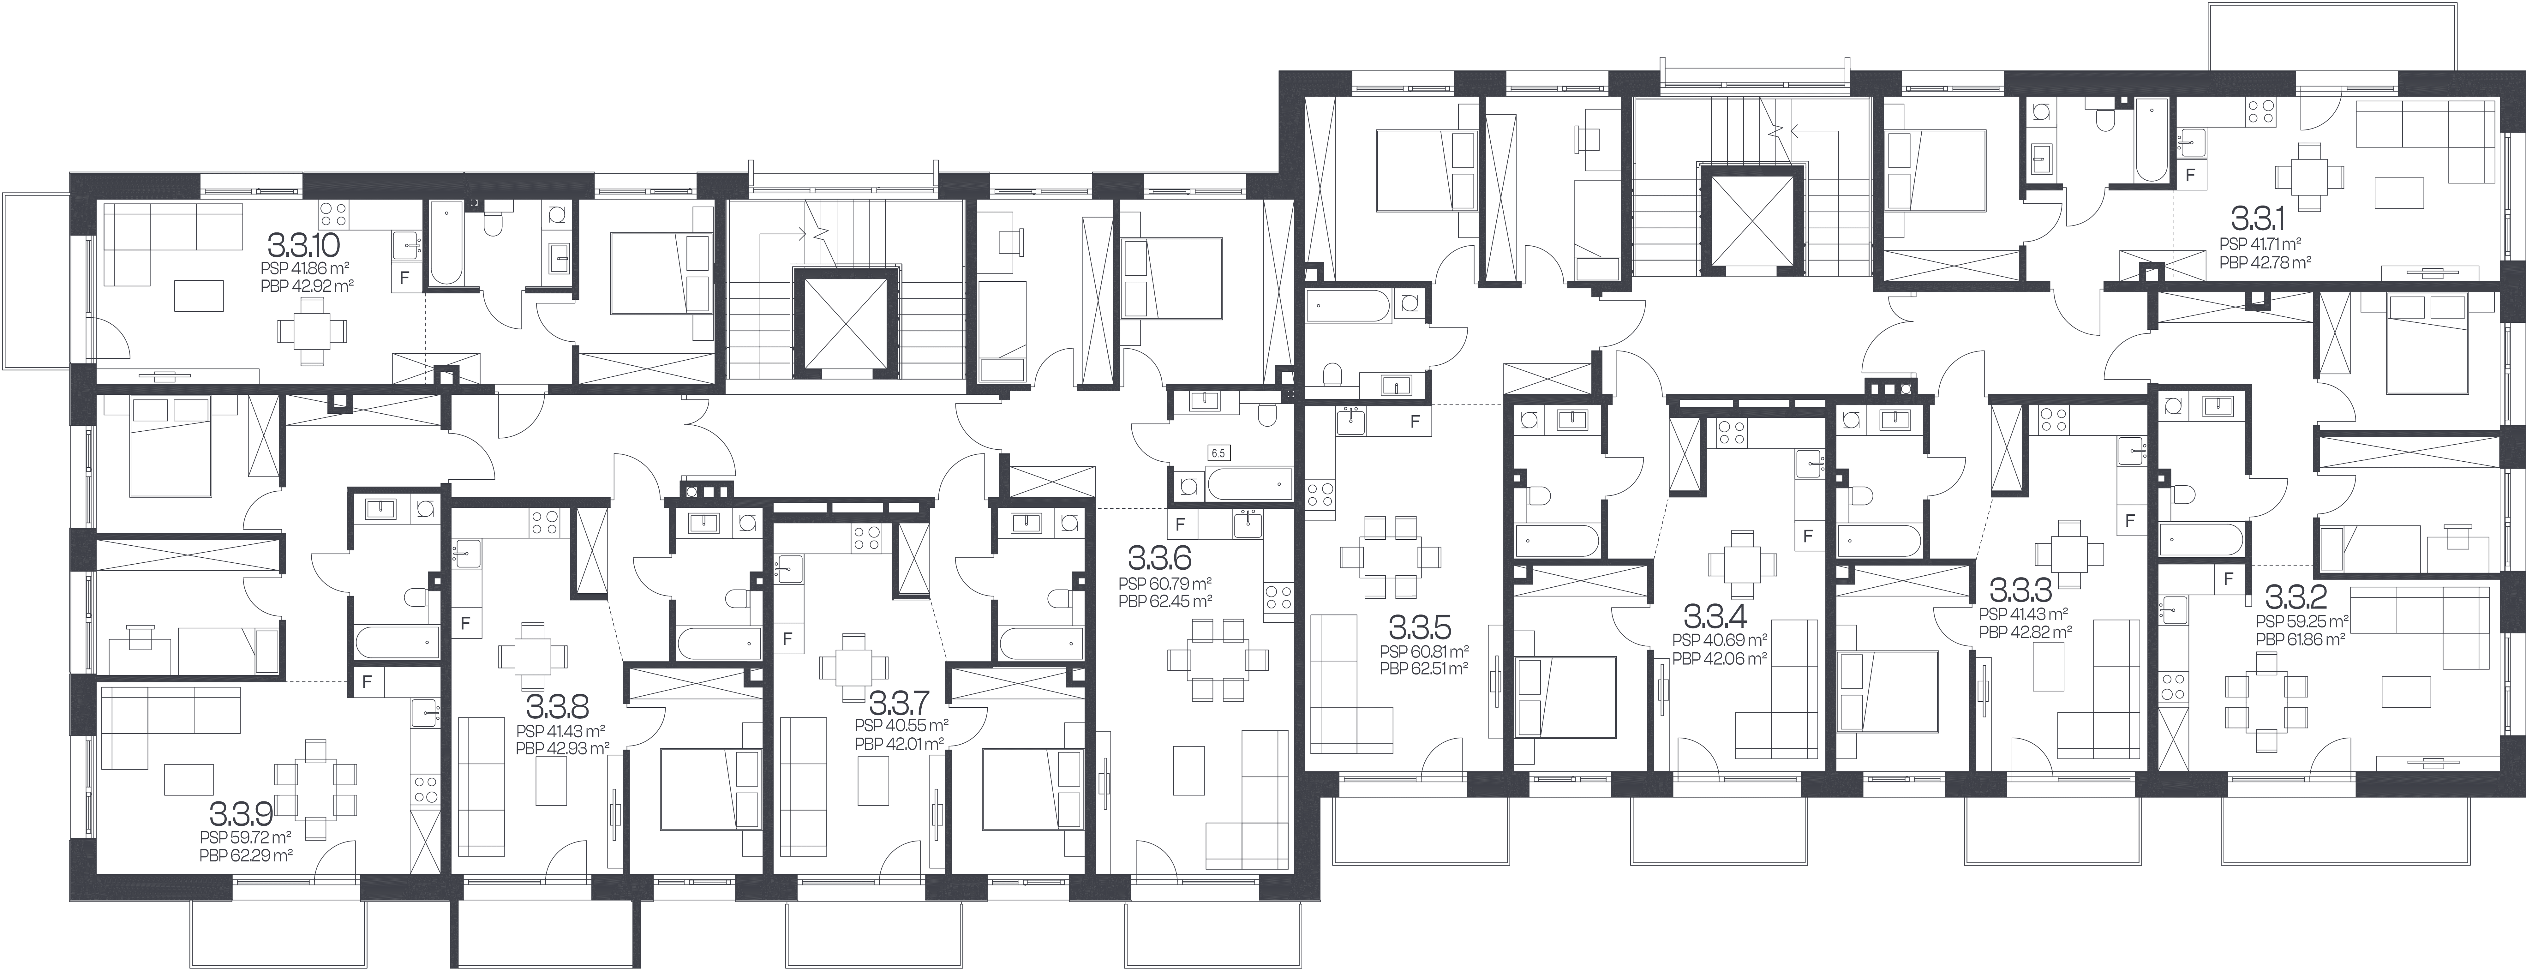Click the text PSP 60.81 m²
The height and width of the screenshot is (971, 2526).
1424,651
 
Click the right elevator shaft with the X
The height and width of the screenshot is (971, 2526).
1751,218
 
